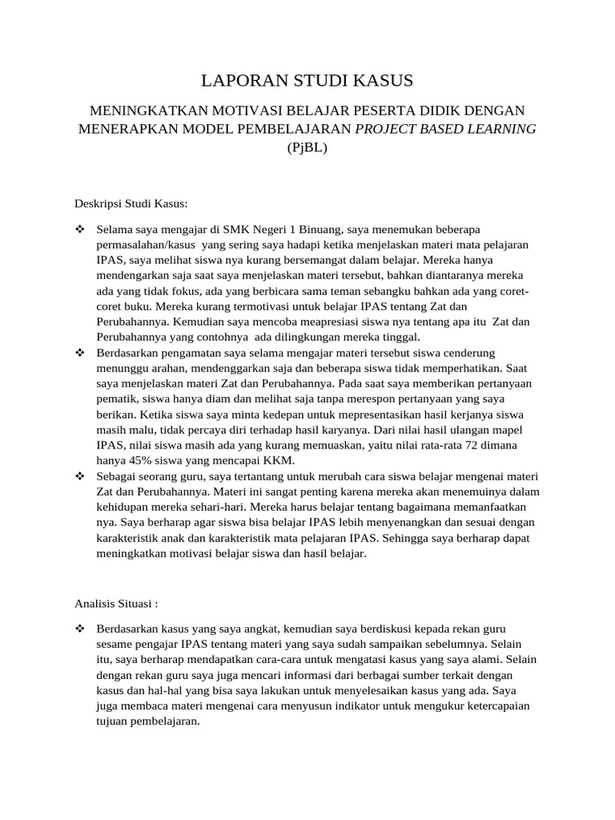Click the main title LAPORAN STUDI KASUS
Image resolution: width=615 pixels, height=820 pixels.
[307, 80]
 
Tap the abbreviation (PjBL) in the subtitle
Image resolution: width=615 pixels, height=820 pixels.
[307, 147]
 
